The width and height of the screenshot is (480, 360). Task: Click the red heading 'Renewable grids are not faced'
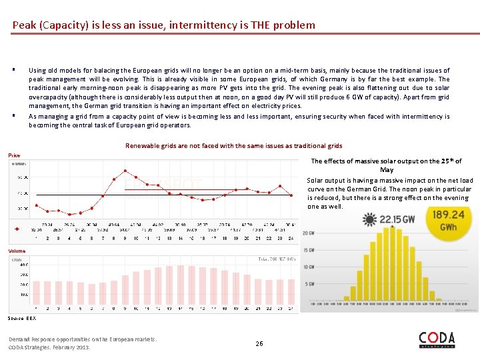[233, 145]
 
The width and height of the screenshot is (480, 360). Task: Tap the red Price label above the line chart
[14, 155]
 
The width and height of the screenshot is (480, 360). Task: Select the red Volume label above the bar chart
[17, 251]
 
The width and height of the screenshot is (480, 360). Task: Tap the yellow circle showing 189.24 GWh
[447, 220]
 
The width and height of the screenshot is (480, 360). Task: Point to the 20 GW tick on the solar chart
[308, 233]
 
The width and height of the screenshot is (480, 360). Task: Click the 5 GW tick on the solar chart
[309, 284]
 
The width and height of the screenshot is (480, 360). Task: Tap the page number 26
[259, 343]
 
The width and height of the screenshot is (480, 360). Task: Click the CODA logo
[437, 339]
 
